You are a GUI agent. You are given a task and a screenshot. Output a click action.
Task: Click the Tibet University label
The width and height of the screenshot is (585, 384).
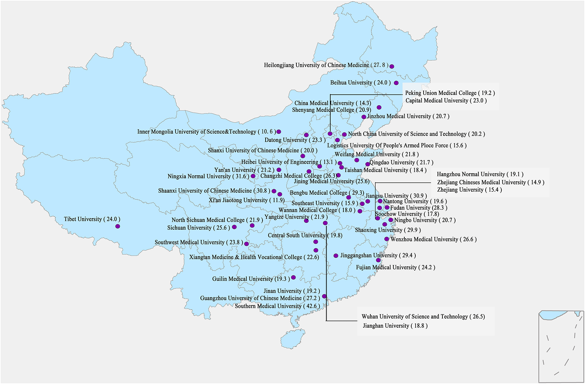(92, 219)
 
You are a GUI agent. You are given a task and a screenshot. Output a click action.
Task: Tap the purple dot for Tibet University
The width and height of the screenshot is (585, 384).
(118, 226)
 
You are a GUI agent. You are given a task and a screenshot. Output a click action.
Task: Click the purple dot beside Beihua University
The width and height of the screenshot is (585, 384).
(396, 83)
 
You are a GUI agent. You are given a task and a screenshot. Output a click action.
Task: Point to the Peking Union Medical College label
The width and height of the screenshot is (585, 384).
(450, 93)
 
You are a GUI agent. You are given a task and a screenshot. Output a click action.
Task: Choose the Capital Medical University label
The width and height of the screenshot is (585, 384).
(446, 101)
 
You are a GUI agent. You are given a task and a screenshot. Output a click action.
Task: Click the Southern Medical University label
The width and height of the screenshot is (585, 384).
(277, 306)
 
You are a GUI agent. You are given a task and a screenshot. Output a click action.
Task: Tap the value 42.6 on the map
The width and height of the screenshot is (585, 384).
(312, 306)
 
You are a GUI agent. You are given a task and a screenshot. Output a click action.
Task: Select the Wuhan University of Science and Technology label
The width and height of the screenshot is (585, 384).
(423, 317)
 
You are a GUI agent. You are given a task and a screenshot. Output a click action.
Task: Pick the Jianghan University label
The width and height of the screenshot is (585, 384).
(395, 326)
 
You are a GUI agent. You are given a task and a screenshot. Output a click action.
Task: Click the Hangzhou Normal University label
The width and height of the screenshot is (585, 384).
(480, 175)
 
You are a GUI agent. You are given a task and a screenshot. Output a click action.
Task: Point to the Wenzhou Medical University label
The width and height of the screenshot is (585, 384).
(433, 239)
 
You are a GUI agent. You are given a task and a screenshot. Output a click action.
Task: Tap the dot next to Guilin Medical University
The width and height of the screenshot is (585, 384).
(293, 277)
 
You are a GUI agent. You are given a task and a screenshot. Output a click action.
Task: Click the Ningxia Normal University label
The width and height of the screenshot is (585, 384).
(208, 177)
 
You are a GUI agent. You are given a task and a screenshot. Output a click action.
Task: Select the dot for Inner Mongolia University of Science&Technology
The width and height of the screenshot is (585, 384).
(279, 132)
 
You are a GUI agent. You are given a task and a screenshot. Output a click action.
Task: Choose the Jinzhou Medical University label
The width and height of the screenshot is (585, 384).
(408, 117)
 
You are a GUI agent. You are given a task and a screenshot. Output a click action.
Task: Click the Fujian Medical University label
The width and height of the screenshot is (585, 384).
(395, 267)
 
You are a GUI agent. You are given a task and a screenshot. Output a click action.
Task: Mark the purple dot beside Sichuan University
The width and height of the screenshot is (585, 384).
(234, 227)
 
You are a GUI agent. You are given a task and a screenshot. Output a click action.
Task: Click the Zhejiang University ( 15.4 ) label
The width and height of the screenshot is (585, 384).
(469, 190)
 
